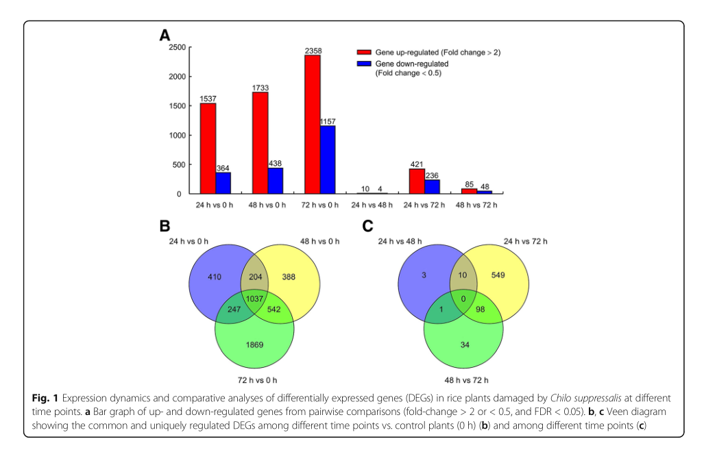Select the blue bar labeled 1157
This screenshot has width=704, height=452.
328,160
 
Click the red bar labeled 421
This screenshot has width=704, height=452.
416,181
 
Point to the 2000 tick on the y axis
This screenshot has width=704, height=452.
175,77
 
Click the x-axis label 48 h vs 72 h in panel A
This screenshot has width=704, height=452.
476,205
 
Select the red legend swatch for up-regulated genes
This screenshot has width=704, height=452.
363,52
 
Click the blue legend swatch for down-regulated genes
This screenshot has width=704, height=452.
363,64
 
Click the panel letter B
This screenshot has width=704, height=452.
165,227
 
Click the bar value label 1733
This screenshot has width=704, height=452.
260,88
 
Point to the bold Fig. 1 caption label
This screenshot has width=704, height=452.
46,398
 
